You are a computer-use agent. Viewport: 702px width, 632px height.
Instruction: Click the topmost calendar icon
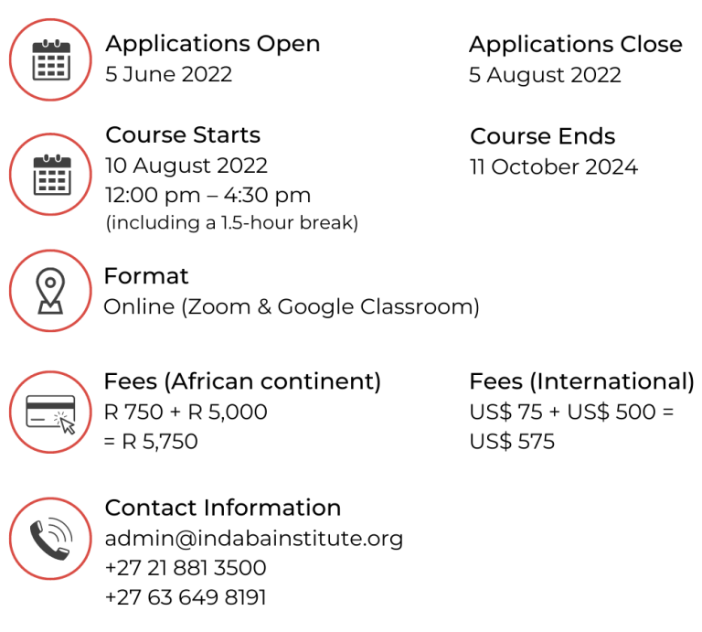click(50, 60)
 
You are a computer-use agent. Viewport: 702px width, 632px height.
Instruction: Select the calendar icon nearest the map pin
click(50, 175)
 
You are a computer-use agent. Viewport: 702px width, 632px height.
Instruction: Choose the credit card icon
click(50, 412)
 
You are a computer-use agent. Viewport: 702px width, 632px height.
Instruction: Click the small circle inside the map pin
click(50, 282)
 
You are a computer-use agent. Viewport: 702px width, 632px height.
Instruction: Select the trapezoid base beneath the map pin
click(50, 307)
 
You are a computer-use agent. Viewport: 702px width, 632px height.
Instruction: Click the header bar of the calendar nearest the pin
click(50, 162)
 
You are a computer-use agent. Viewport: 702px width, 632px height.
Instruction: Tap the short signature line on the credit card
click(37, 419)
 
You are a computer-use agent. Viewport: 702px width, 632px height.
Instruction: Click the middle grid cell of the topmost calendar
click(50, 67)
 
